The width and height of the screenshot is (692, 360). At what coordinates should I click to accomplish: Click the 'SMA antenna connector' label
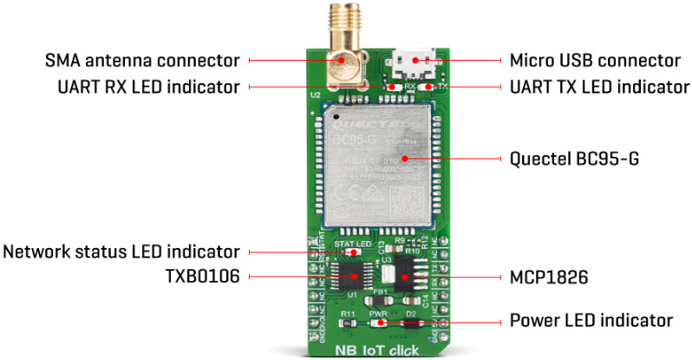click(x=142, y=61)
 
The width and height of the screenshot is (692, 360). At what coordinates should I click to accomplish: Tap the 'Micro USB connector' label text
click(x=594, y=61)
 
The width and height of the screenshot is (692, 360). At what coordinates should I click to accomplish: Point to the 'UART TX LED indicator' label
click(x=597, y=87)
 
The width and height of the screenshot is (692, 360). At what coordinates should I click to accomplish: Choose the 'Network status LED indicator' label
click(x=121, y=252)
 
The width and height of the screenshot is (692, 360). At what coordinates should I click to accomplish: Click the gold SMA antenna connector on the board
click(x=342, y=52)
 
